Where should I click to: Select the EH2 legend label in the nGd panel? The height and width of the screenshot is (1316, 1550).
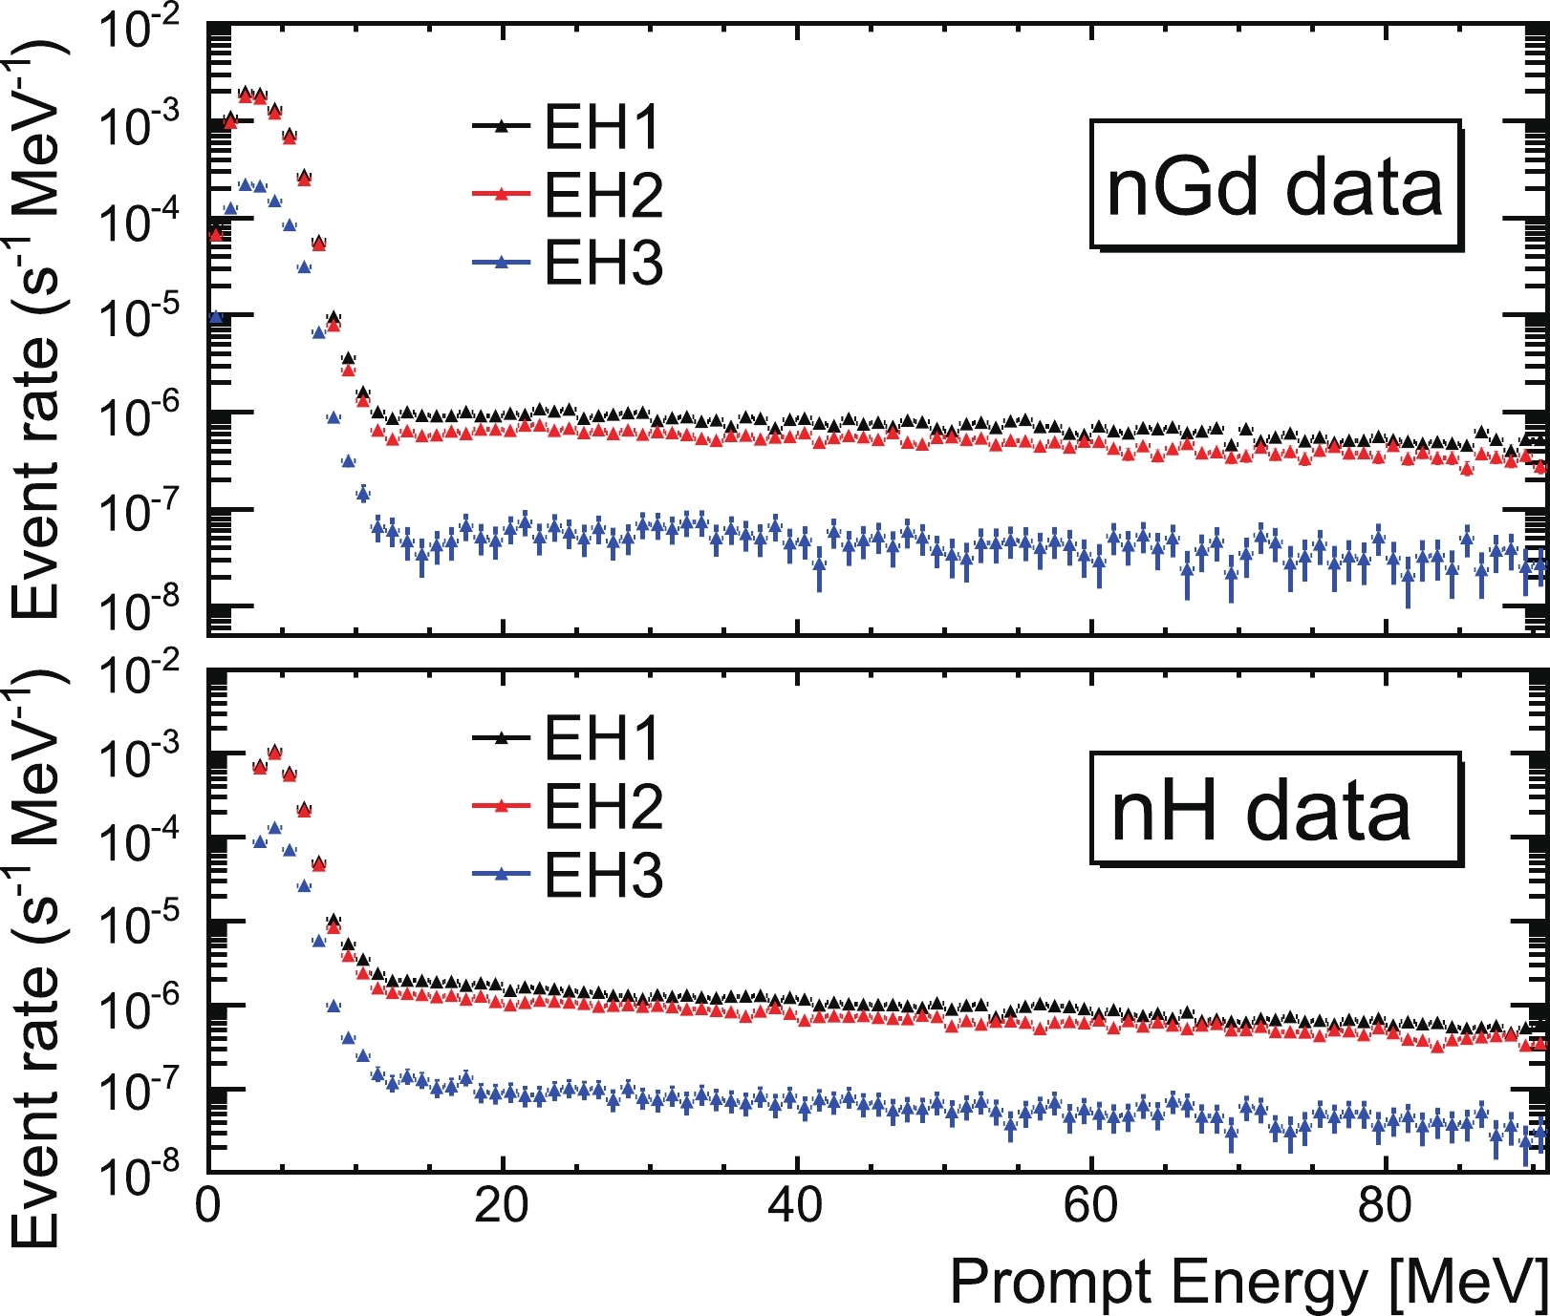[603, 195]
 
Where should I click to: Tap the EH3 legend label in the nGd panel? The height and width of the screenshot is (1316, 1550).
[603, 263]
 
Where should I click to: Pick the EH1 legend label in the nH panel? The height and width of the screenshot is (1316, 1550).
[603, 737]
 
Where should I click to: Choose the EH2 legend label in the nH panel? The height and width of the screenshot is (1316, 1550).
[603, 806]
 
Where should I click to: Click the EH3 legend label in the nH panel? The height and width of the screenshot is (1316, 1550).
[603, 875]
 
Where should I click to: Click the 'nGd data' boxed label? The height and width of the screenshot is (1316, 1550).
[1275, 186]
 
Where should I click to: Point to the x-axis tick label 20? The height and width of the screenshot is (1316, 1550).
[501, 1206]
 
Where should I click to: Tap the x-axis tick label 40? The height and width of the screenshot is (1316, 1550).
[795, 1206]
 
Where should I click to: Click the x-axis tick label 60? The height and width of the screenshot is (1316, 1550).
[1089, 1206]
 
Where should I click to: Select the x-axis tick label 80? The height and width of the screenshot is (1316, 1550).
[1384, 1206]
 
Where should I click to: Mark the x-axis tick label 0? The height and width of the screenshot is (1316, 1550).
[208, 1206]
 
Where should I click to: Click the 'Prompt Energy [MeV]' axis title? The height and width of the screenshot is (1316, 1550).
[1248, 1281]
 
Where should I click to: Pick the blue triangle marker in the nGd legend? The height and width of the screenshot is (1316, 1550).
[501, 261]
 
